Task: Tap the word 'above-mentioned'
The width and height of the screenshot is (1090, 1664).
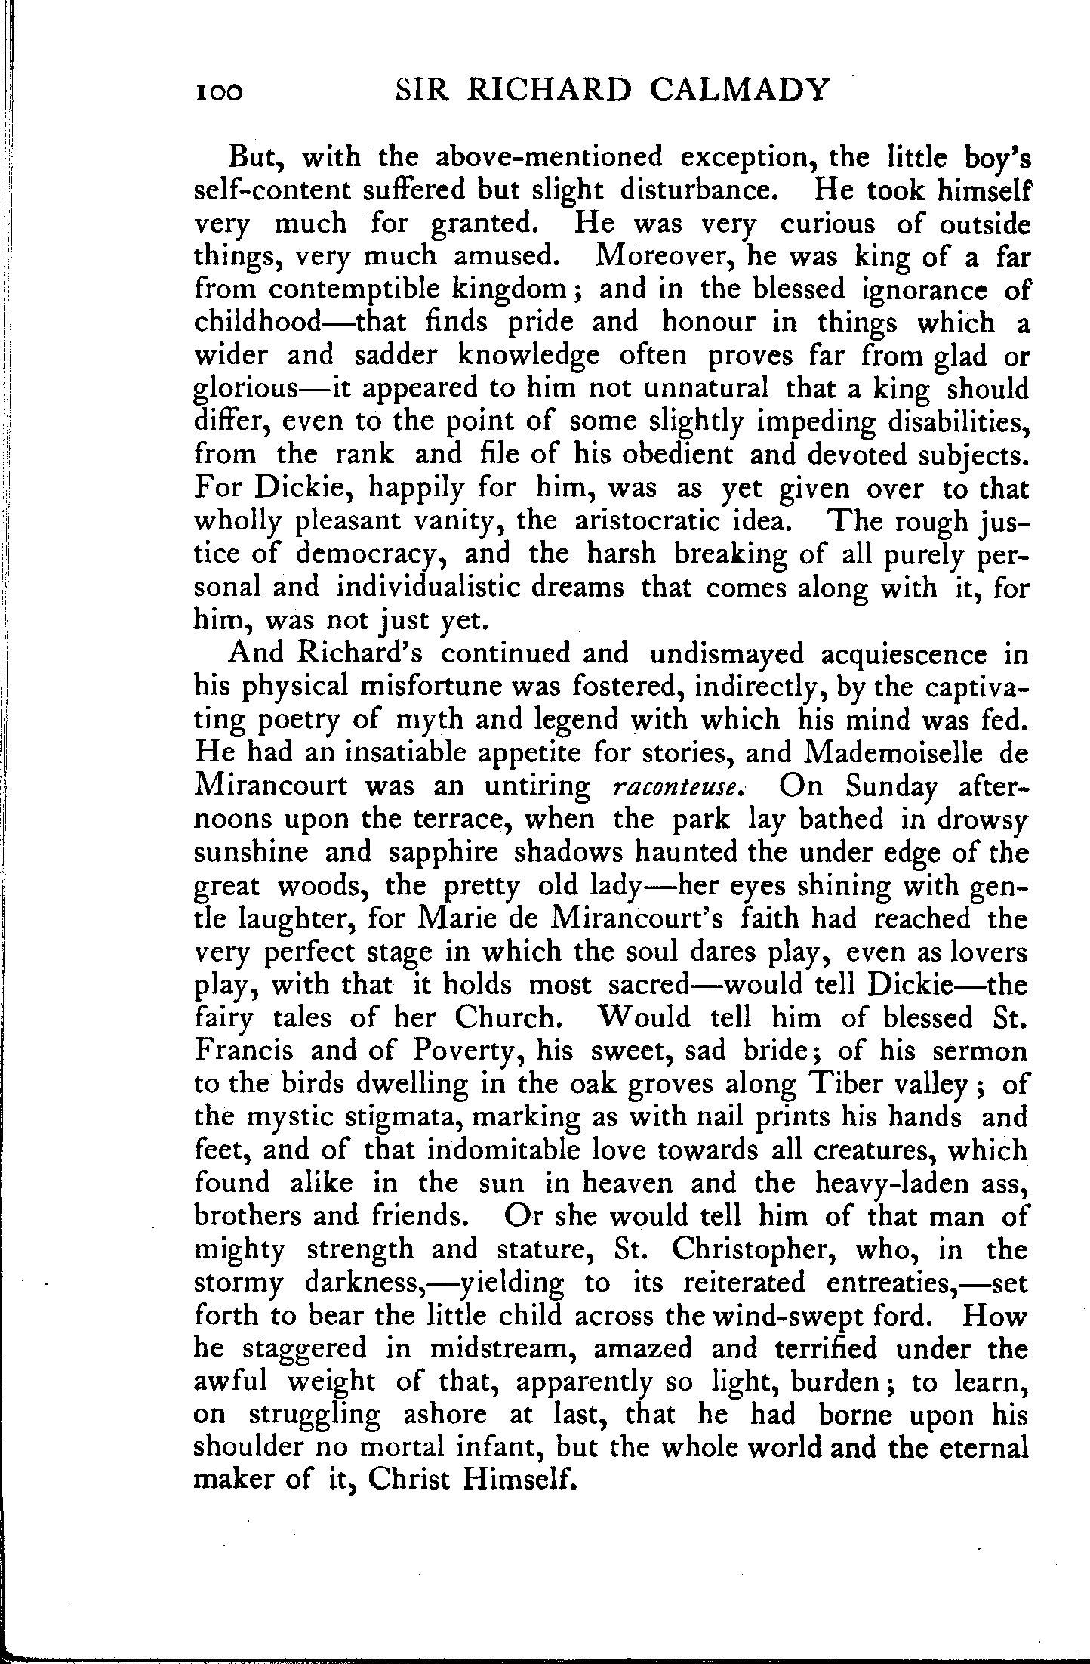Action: [540, 158]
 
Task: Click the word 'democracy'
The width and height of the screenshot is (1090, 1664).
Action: [367, 554]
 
